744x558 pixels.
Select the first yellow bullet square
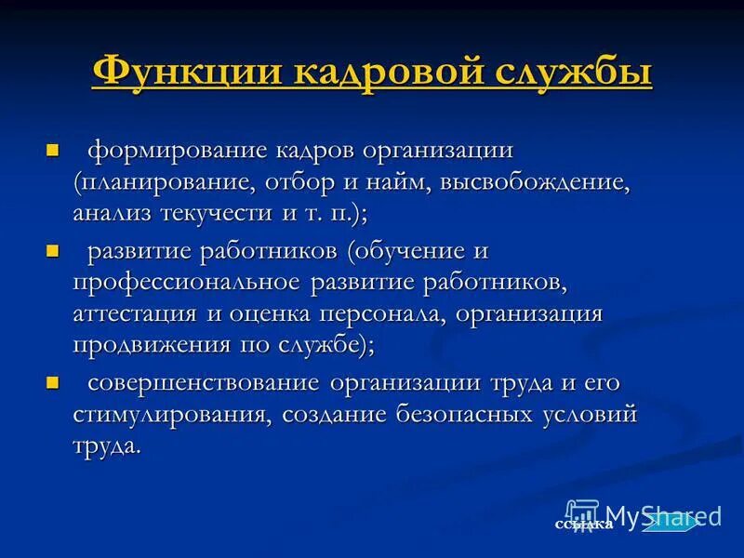(x=52, y=150)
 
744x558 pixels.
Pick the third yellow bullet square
(x=52, y=382)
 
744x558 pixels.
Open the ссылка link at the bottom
(x=583, y=525)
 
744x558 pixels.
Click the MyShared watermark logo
(x=642, y=515)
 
